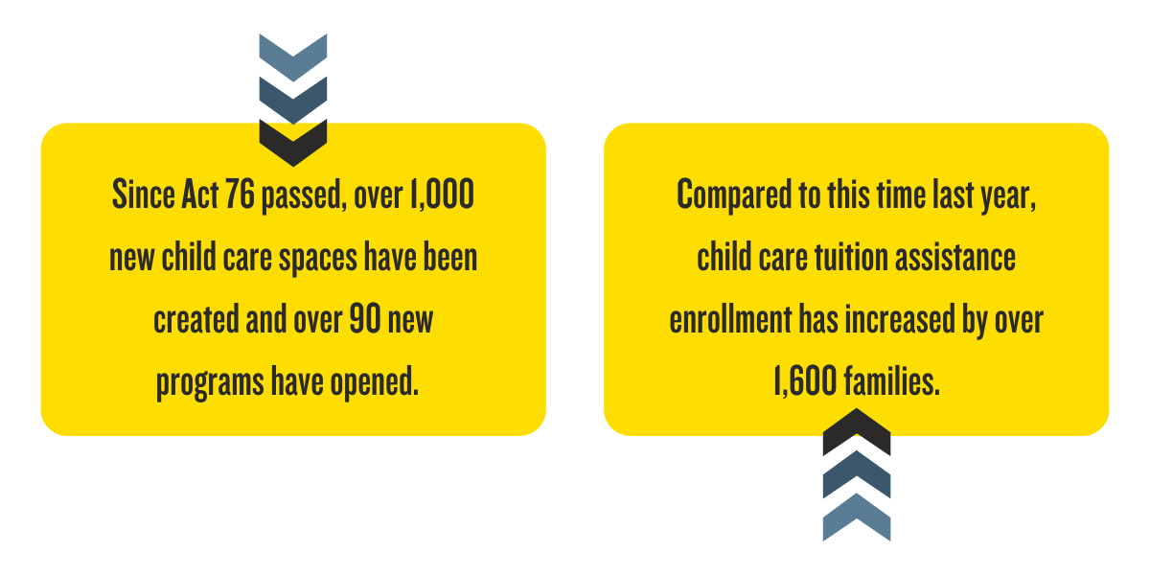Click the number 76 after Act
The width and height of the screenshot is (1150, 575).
[x=240, y=194]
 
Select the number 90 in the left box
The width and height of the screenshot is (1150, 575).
[x=365, y=318]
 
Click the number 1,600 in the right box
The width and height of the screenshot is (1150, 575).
[x=805, y=381]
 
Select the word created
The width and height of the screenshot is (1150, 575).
[x=196, y=319]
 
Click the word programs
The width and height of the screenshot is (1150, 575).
[x=210, y=383]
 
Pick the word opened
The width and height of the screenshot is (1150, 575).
[x=375, y=383]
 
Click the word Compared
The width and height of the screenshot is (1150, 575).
[x=734, y=196]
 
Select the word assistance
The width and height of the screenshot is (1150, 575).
[x=955, y=258]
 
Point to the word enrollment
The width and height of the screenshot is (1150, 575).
[x=730, y=318]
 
